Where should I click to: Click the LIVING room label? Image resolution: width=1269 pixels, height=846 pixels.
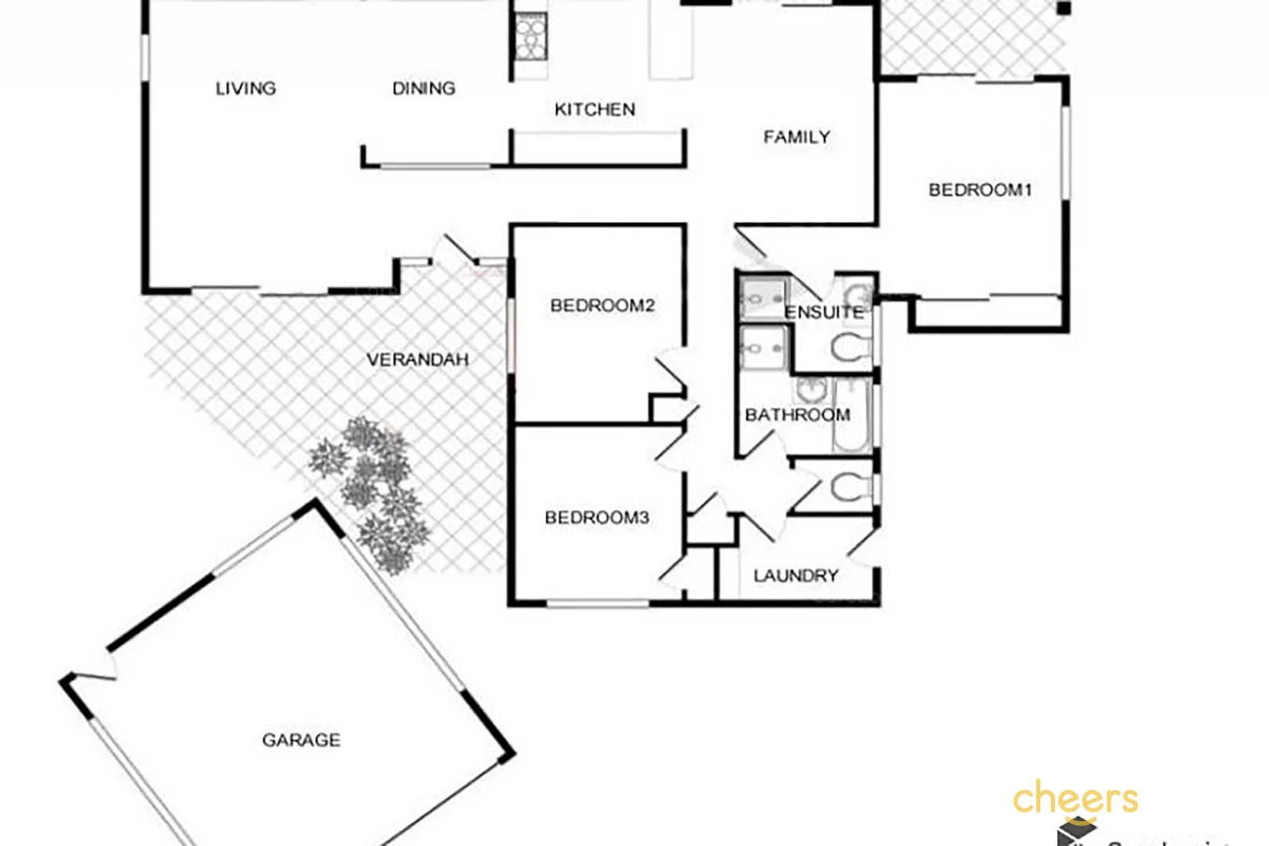245,89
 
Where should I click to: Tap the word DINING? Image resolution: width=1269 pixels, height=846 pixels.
423,89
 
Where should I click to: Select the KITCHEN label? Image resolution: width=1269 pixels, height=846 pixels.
594,110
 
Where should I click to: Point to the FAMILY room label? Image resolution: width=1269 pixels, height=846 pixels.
796,137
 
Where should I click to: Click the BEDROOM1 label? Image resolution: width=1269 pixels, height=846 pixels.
980,190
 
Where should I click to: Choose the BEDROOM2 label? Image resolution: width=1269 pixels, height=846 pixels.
602,305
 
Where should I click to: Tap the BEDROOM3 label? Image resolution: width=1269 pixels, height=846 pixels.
596,518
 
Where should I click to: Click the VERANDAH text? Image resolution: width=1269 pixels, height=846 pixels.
417,360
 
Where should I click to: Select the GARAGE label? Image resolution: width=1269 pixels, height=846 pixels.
301,740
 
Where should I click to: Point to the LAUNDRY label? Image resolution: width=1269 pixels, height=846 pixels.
796,576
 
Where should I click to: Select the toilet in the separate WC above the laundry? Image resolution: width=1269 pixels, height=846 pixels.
850,486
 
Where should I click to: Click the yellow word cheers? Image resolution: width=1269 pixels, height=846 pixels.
1075,799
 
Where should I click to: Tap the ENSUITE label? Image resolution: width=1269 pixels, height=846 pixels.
823,313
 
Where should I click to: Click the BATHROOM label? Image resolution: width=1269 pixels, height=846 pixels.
797,415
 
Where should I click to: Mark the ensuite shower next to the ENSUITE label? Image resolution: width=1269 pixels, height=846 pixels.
762,297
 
